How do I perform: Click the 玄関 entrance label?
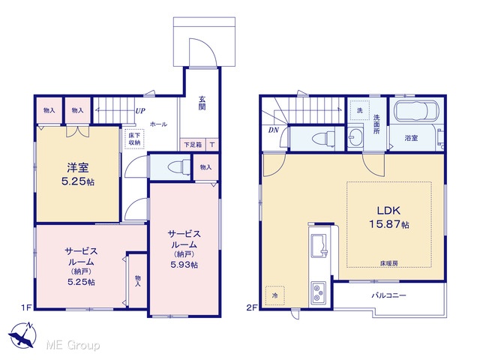click(202, 103)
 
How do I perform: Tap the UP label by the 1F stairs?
click(140, 111)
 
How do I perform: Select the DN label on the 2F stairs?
click(273, 130)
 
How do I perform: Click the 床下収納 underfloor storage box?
click(134, 139)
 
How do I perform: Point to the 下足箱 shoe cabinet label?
click(193, 145)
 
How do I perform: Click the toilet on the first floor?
click(179, 167)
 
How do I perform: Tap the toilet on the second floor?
click(323, 138)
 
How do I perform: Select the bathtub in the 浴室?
click(417, 111)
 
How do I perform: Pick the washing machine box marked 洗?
click(360, 110)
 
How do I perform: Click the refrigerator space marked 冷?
click(275, 295)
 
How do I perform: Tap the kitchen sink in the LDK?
click(319, 246)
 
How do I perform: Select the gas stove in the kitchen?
click(319, 292)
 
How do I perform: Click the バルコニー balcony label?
click(389, 295)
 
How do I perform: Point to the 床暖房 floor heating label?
click(389, 263)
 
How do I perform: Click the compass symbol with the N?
click(22, 334)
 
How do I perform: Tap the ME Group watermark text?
click(73, 345)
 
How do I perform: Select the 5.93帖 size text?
click(184, 265)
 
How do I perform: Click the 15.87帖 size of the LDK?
click(388, 224)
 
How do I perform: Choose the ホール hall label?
click(158, 124)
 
